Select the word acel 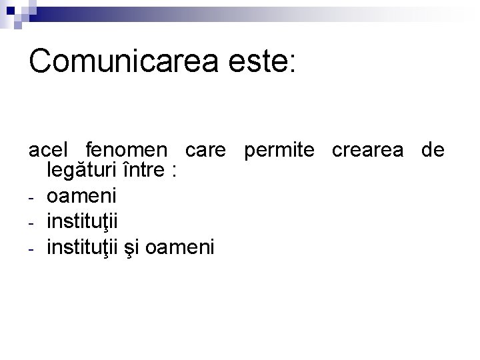tap(48, 151)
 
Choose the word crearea tap(367, 151)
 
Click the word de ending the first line tap(433, 151)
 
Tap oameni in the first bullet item tap(81, 196)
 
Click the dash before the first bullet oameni tap(32, 198)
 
